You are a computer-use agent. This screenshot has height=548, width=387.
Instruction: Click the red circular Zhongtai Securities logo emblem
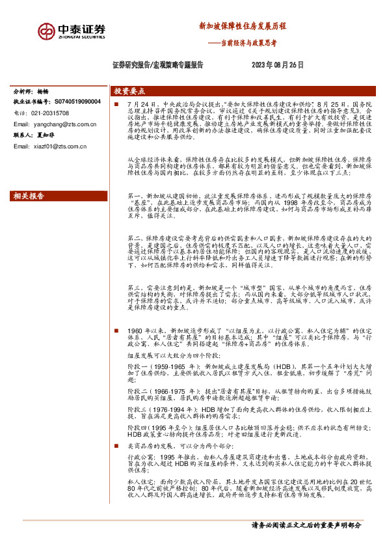(x=46, y=31)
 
